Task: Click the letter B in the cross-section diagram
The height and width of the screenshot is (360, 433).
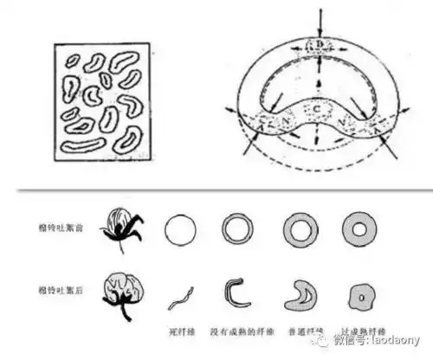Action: click(320, 42)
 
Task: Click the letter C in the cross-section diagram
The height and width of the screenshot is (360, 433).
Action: click(320, 108)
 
